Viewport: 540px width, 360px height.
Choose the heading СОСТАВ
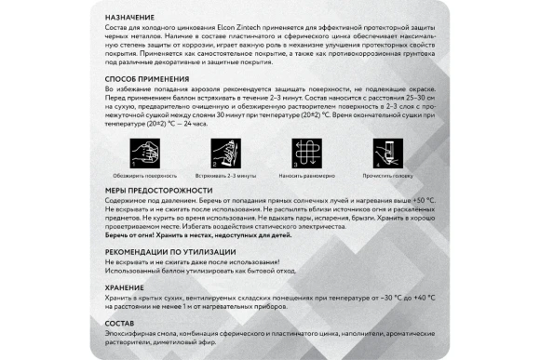pos(119,322)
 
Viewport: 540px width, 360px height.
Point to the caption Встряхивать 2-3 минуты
pos(226,174)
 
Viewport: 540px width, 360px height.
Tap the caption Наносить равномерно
pos(308,174)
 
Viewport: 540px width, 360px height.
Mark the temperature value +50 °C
pos(421,199)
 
